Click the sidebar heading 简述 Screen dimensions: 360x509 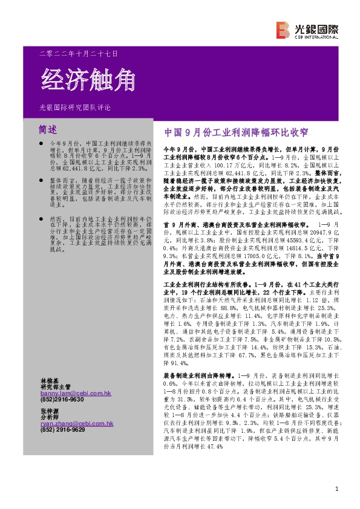click(47, 129)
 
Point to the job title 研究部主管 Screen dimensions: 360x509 click(55, 386)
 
